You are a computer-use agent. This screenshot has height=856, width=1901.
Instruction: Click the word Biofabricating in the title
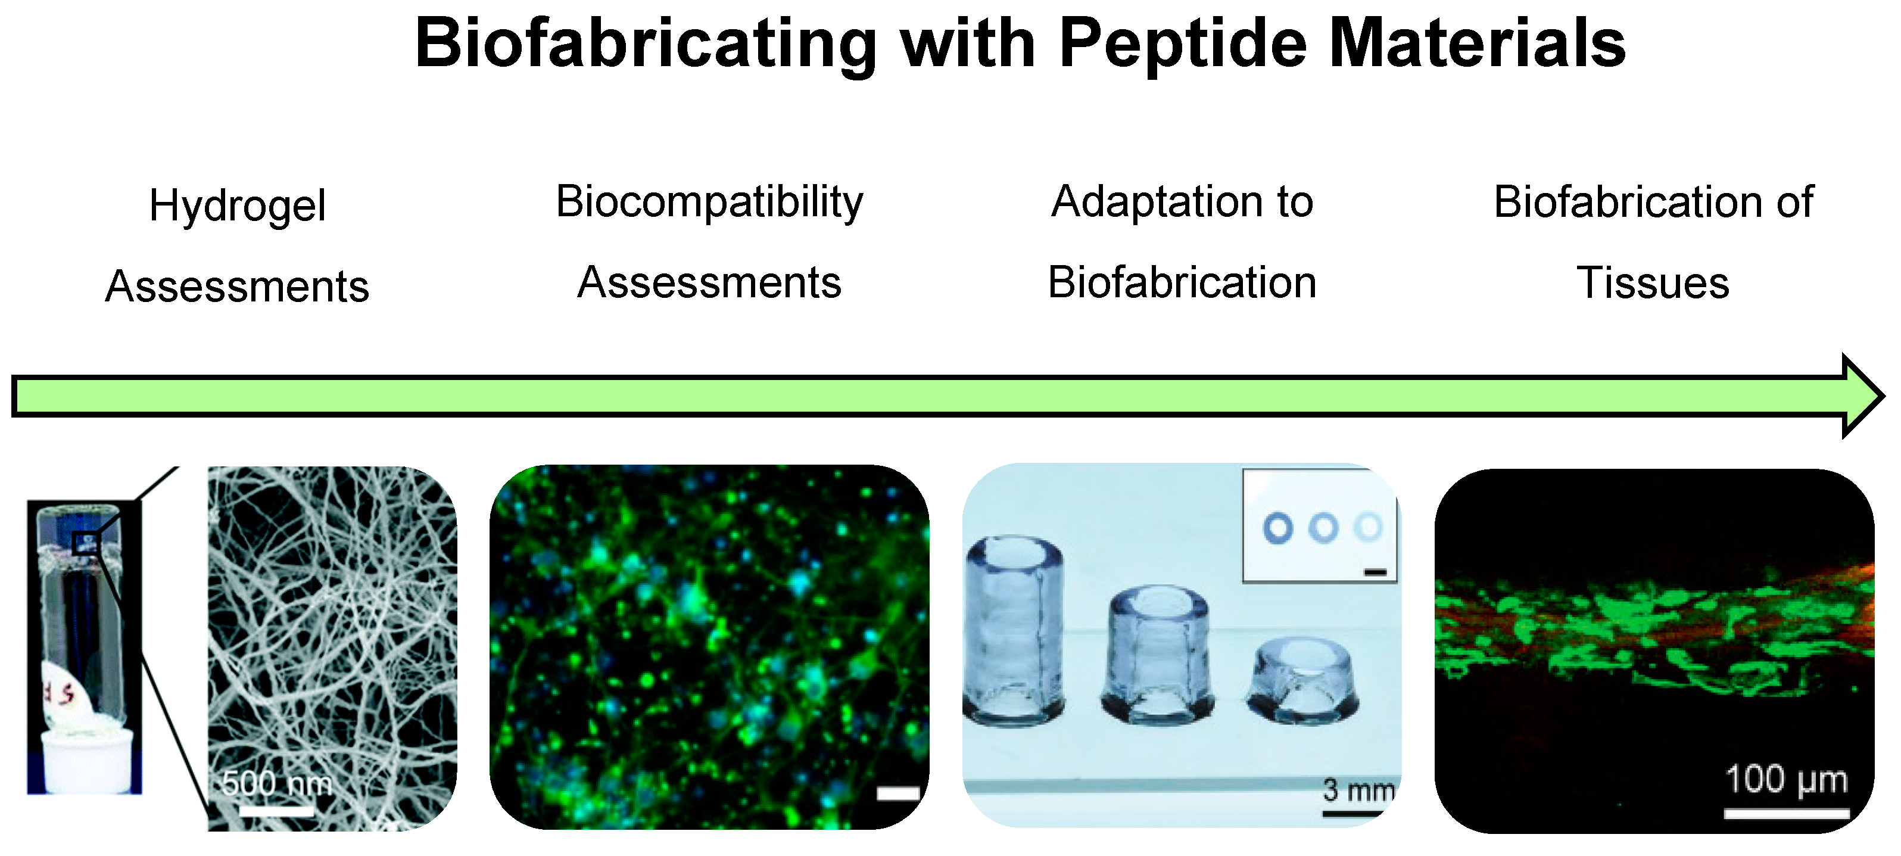pos(646,44)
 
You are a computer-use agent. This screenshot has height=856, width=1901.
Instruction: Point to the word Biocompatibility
pos(709,201)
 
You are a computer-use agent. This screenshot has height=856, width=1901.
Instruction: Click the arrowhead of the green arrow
pos(1863,396)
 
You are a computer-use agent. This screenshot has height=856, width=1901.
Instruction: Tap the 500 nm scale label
pos(277,782)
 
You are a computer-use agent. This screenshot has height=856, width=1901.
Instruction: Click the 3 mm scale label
pos(1358,790)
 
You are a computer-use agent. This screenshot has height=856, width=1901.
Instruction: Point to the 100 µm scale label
pos(1787,779)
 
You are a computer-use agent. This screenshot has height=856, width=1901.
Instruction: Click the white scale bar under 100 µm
pos(1787,813)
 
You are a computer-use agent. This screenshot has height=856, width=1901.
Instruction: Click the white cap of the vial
pos(87,761)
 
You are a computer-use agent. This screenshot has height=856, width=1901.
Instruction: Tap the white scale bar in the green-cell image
pos(898,793)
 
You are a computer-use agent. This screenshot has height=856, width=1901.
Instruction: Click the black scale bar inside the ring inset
pos(1376,572)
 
